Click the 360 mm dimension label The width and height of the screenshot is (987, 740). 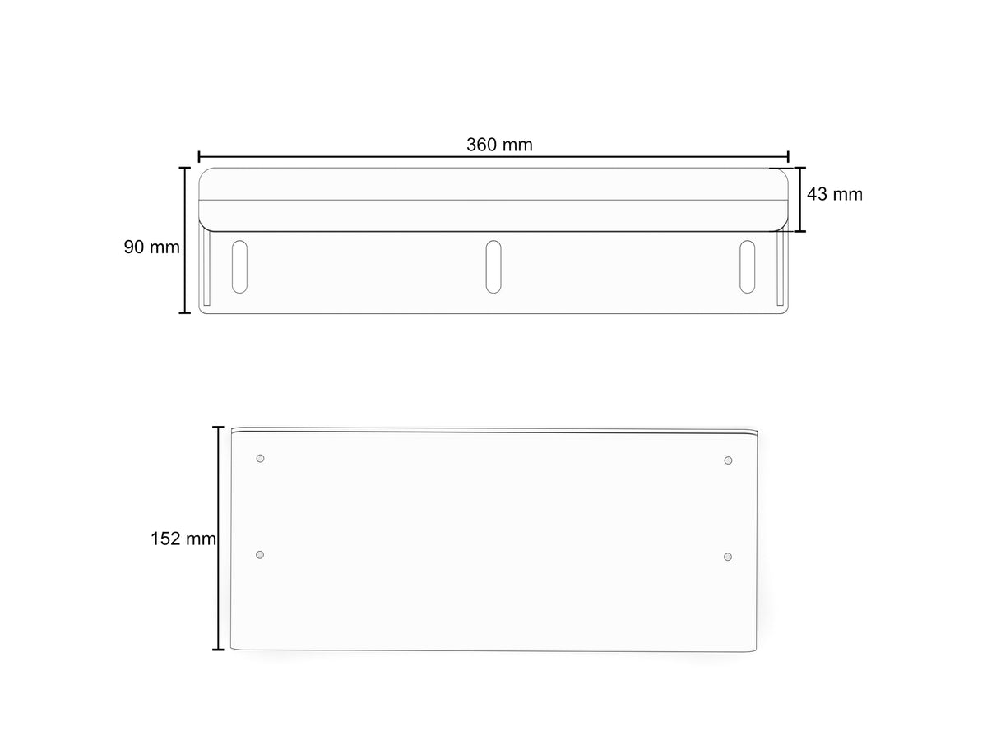pos(499,145)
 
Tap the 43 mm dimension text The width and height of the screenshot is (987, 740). pos(835,194)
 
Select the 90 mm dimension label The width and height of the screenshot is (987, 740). pos(151,247)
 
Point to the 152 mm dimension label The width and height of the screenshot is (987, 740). pos(183,539)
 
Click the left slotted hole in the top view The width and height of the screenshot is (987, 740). pos(239,267)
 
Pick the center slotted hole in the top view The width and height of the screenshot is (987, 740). pos(493,267)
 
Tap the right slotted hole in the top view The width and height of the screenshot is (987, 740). pos(747,267)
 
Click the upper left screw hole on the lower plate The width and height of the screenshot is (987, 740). pos(260,458)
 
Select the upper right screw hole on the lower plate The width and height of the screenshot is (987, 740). pos(728,460)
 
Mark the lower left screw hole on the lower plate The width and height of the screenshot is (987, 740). pos(259,555)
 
